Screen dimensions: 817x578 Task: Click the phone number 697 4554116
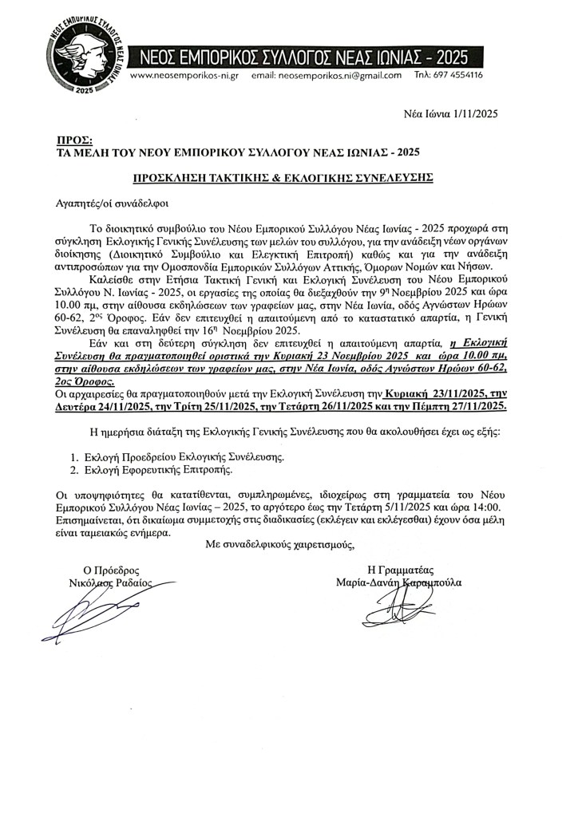click(x=459, y=76)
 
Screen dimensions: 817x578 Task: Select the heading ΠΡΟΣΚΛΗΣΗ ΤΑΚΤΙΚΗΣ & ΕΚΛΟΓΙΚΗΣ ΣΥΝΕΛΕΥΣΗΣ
click(x=283, y=177)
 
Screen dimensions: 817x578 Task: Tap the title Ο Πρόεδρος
click(x=113, y=570)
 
